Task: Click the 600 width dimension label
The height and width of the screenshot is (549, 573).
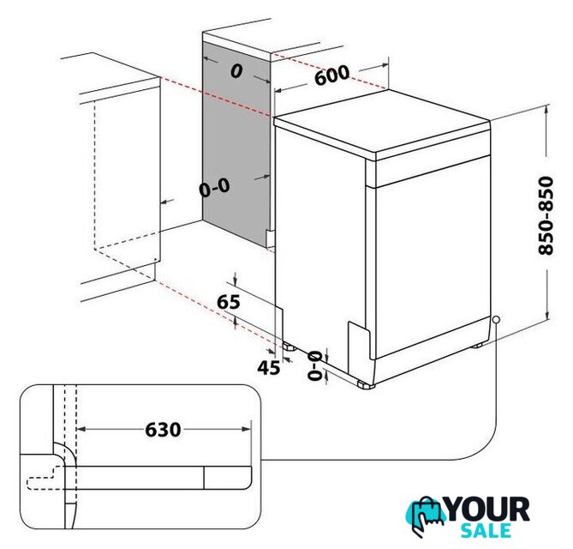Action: coord(331,75)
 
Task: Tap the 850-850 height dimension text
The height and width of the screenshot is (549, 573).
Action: coord(546,216)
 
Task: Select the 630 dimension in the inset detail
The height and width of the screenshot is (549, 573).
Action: coord(163,430)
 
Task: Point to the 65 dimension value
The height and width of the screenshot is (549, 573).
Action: coord(229,302)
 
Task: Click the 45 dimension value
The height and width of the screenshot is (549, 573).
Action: coord(269,367)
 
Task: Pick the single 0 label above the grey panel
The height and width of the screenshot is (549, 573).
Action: coord(236,71)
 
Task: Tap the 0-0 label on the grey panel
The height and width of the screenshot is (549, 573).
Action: coord(214,188)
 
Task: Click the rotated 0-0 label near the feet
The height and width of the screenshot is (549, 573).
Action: coord(314,365)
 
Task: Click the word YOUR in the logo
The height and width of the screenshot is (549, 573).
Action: coord(487,509)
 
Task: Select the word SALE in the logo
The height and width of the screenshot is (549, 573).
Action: coord(486,531)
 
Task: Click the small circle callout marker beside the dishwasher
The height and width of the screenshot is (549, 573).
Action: coord(496,319)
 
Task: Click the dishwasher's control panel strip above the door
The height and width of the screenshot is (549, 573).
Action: coord(433,172)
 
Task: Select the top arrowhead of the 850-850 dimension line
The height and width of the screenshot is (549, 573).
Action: coord(546,109)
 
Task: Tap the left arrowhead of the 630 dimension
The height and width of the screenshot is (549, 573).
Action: coord(81,429)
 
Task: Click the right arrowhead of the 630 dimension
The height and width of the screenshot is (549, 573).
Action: coord(247,429)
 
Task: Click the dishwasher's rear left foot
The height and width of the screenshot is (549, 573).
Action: coord(289,347)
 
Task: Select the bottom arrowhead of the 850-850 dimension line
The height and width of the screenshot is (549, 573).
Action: coord(546,314)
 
